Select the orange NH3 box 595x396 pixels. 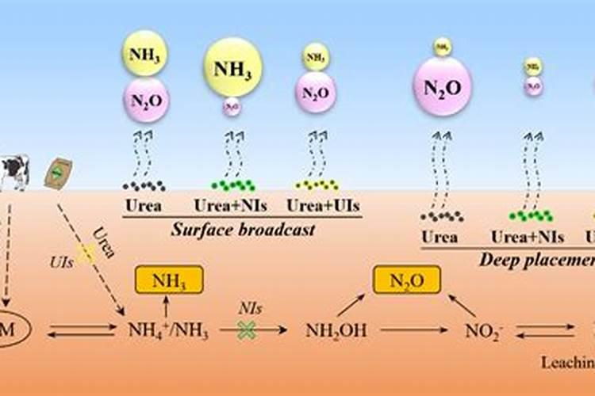(x=169, y=280)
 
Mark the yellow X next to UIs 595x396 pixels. (x=85, y=252)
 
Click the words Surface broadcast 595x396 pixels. (x=243, y=230)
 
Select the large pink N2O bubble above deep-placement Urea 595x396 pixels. (x=442, y=87)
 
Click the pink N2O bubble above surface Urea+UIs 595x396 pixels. (x=316, y=93)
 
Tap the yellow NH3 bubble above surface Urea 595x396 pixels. (x=144, y=52)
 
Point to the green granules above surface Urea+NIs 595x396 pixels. (x=232, y=185)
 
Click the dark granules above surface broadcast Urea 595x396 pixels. (x=144, y=185)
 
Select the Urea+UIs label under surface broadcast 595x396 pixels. (x=317, y=206)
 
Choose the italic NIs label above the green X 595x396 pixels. (x=251, y=310)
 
